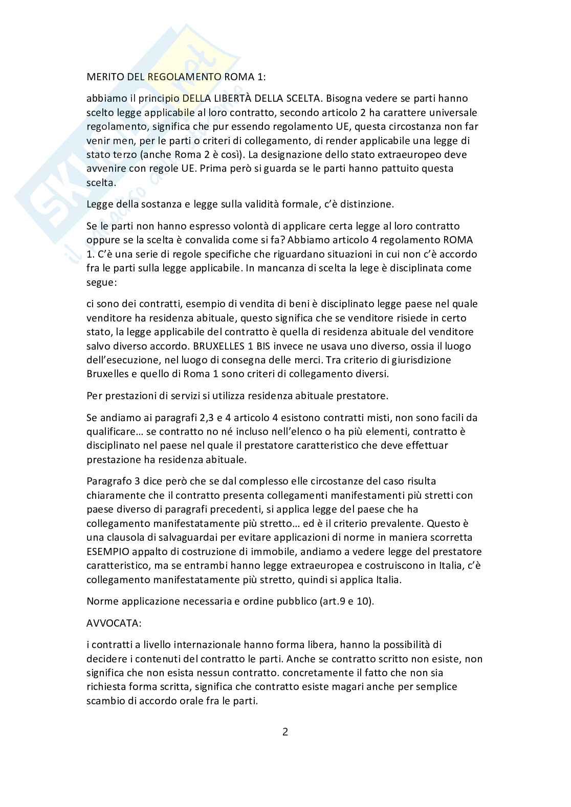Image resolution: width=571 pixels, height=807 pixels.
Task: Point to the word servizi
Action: [x=166, y=395]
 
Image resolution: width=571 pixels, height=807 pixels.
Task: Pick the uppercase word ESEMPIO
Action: [x=108, y=551]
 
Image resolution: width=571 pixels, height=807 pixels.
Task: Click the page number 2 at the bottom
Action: [x=285, y=731]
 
